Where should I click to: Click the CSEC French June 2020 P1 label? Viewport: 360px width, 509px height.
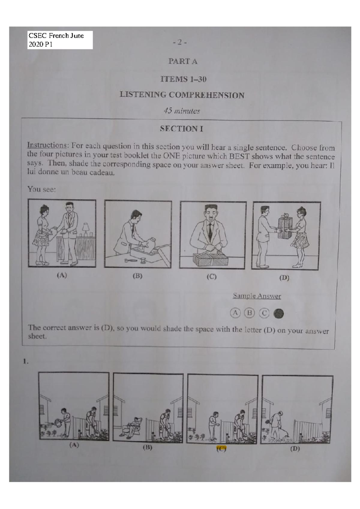pyautogui.click(x=60, y=40)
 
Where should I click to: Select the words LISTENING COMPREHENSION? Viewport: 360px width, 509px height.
pyautogui.click(x=182, y=95)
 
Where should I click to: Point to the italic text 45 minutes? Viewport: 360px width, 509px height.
pyautogui.click(x=181, y=111)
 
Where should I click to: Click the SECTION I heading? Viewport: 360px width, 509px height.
pyautogui.click(x=181, y=129)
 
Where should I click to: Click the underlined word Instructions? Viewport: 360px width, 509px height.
pyautogui.click(x=47, y=145)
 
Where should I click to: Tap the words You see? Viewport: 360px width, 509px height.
pyautogui.click(x=41, y=189)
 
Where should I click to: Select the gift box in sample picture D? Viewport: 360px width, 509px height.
pyautogui.click(x=285, y=226)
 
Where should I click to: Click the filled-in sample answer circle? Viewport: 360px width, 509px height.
pyautogui.click(x=279, y=314)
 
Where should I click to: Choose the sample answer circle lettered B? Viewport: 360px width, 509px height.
pyautogui.click(x=249, y=313)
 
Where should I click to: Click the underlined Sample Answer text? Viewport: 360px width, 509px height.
pyautogui.click(x=257, y=296)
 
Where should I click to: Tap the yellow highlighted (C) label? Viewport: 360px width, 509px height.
pyautogui.click(x=221, y=449)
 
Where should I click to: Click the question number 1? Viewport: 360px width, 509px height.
pyautogui.click(x=26, y=362)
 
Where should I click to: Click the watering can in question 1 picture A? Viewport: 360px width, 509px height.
pyautogui.click(x=57, y=423)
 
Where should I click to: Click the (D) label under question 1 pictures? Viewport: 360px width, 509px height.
pyautogui.click(x=295, y=449)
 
